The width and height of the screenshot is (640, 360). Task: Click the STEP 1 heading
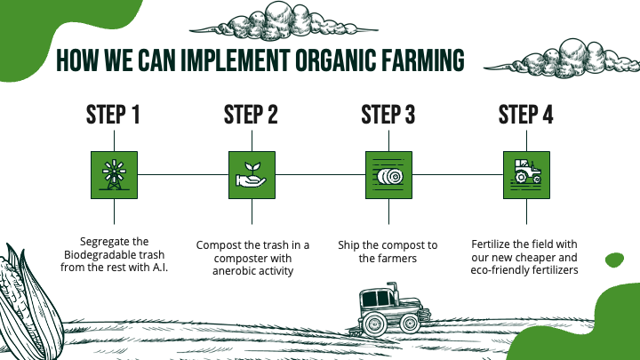click(113, 116)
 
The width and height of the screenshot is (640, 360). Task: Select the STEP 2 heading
click(251, 116)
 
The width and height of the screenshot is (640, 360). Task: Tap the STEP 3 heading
click(388, 116)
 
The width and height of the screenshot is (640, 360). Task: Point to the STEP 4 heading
click(526, 116)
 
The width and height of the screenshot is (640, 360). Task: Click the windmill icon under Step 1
click(113, 174)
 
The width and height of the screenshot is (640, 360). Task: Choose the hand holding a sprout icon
click(251, 174)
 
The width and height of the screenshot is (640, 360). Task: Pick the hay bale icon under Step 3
click(388, 174)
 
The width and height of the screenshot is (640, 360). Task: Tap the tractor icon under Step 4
click(526, 174)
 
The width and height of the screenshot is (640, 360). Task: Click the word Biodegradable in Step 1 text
click(97, 255)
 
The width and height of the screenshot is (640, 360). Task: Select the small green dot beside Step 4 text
click(612, 260)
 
